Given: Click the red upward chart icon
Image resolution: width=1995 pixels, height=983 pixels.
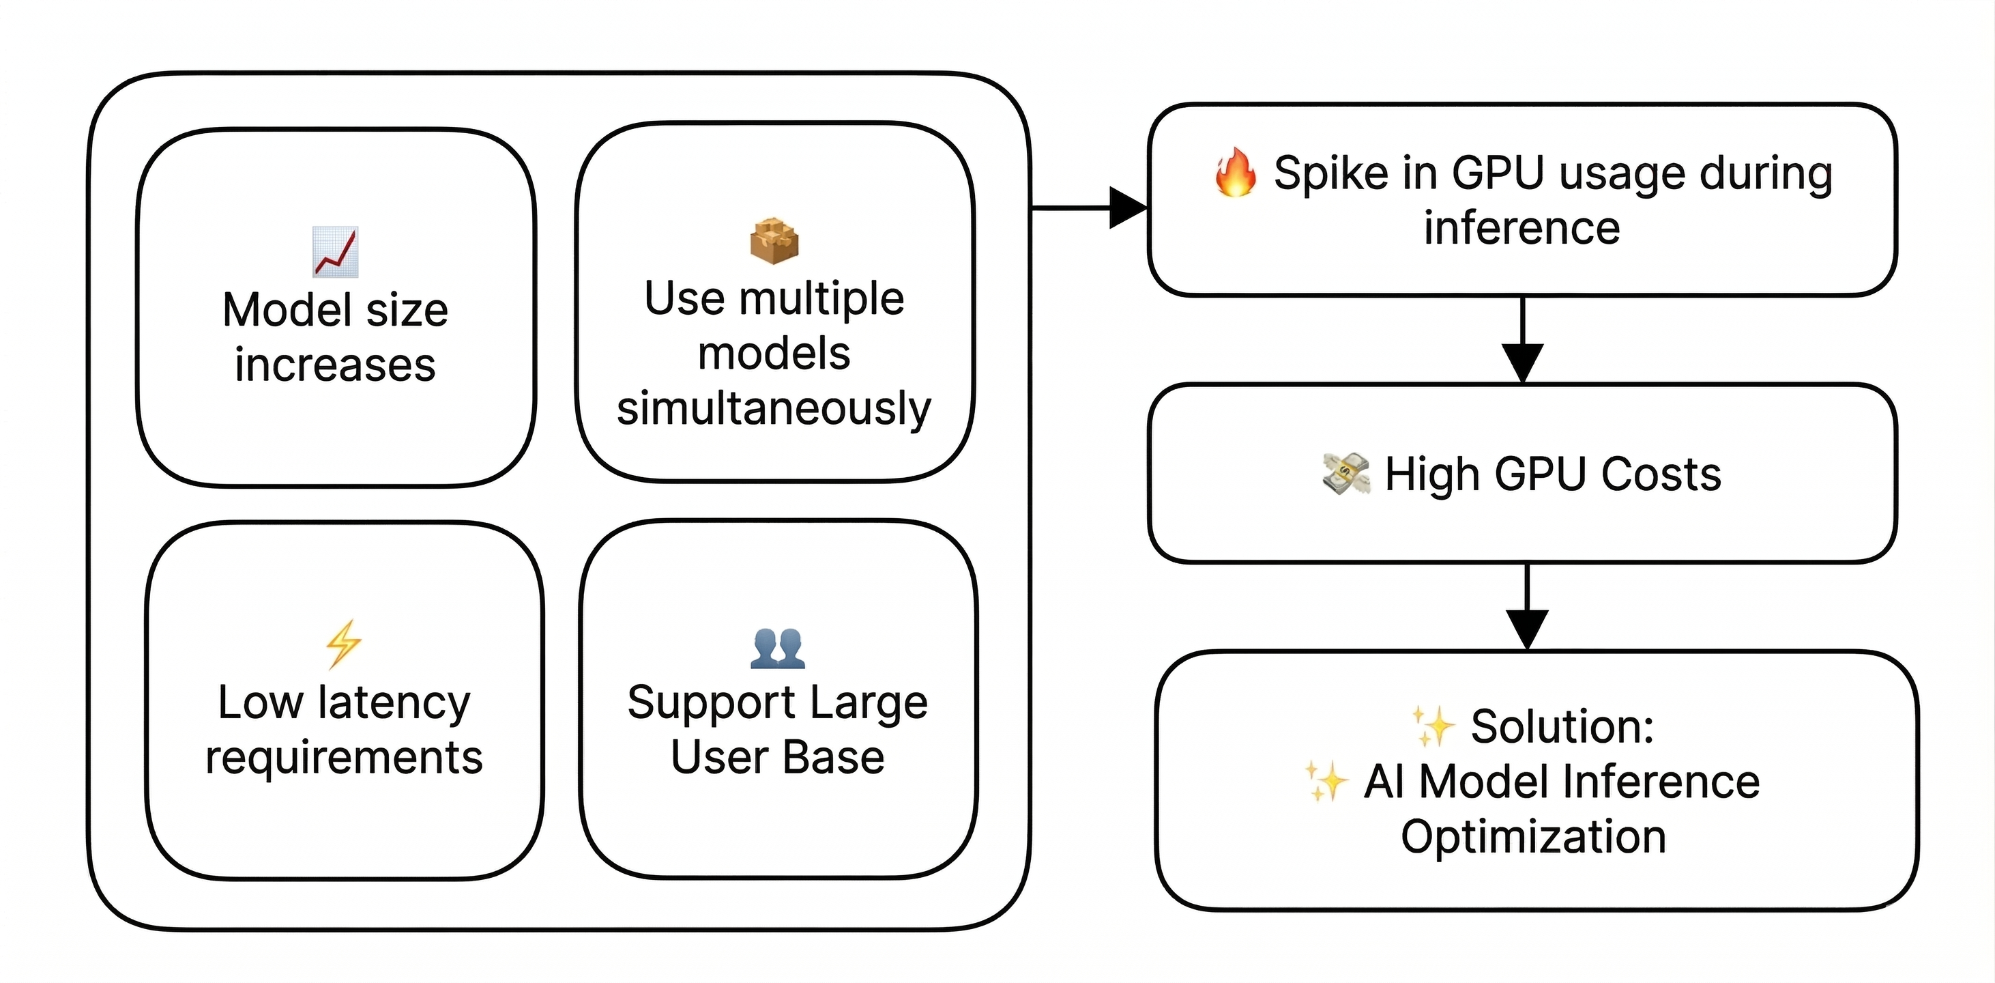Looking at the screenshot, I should (335, 252).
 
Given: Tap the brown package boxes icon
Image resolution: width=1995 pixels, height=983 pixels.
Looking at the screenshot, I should (774, 241).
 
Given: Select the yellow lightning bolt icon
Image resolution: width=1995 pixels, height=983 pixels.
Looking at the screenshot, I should (343, 643).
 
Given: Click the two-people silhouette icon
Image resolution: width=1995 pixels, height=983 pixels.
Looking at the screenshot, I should (778, 648).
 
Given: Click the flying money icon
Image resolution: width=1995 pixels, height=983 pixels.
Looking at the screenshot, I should (1346, 473).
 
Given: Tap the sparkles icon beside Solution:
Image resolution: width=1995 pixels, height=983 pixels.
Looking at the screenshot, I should (1433, 726).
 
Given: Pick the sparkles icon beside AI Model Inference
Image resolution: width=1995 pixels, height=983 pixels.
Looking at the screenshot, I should (1326, 781).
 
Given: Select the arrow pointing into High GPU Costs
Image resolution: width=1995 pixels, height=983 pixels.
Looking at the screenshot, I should (1523, 361).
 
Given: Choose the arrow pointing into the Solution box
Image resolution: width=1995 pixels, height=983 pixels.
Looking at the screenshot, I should (1526, 627).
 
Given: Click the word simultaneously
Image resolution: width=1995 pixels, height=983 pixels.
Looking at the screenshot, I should (774, 408).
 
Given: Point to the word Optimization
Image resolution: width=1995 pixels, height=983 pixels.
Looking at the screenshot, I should (1533, 837).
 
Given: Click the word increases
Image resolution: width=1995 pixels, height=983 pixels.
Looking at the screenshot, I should (334, 365).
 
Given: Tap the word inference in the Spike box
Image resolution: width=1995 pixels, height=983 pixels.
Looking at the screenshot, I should (1521, 228).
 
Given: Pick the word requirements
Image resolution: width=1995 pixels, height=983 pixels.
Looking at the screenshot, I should (344, 758).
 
